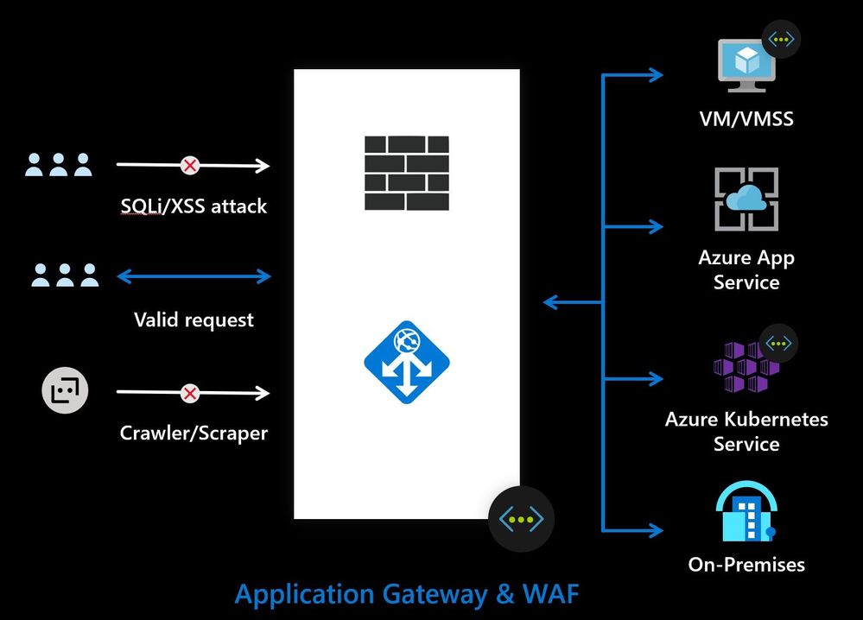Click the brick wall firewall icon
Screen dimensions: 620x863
coord(407,173)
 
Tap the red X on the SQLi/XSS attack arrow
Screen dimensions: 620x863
coord(189,165)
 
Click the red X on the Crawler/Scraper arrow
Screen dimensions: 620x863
coord(190,394)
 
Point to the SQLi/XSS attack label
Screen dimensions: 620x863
coord(194,206)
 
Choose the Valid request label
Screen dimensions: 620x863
coord(194,320)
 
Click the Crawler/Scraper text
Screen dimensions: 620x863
coord(194,432)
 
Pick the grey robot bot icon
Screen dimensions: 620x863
coord(66,393)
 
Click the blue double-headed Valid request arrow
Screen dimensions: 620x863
coord(194,276)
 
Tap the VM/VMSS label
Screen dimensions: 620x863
coord(746,119)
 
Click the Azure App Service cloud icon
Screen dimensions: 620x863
coord(746,199)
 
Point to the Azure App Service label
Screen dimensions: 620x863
coord(746,269)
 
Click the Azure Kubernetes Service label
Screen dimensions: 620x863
coord(746,432)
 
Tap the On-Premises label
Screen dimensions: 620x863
coord(746,565)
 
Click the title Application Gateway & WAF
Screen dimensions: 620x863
coord(407,594)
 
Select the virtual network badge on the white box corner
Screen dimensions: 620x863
coord(521,519)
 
